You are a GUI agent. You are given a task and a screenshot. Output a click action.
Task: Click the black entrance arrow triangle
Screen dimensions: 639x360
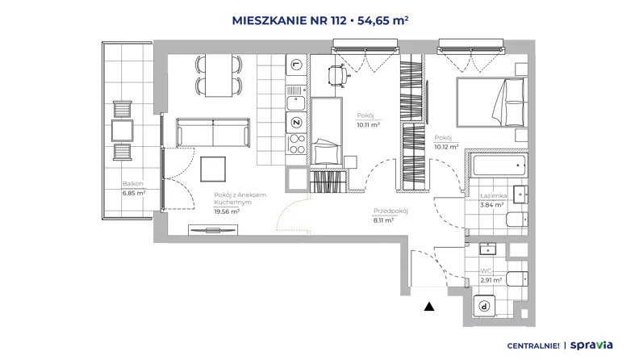(428, 307)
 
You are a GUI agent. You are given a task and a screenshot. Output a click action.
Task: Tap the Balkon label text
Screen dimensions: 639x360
(133, 184)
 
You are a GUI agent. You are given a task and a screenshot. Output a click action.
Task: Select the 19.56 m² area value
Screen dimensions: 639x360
(227, 211)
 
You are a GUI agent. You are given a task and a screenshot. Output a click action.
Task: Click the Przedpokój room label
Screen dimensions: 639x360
(390, 211)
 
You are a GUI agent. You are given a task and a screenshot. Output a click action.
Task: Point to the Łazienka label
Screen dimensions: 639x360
(493, 195)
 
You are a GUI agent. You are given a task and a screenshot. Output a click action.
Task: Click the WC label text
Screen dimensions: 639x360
(486, 270)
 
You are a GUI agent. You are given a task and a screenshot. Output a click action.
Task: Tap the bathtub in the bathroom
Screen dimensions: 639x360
(499, 165)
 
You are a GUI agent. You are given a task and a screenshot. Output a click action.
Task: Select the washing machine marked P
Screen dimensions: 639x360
(484, 306)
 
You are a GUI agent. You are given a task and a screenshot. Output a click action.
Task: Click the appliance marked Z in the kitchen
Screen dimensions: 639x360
(296, 123)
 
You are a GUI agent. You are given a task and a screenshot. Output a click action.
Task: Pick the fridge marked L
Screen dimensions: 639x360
(296, 65)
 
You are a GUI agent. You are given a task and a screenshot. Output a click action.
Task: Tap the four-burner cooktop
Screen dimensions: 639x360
(296, 144)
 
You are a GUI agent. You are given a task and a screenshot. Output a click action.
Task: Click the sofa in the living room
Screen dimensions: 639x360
(213, 132)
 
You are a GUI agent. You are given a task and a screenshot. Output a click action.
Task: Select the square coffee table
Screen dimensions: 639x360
(213, 170)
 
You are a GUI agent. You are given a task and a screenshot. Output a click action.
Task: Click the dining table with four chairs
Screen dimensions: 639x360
(219, 75)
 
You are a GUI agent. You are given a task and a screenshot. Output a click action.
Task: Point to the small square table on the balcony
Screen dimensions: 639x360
(123, 131)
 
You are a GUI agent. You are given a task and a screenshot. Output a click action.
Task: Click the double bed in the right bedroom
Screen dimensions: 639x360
(492, 103)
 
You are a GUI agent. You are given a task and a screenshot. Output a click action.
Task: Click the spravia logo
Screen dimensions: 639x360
(591, 345)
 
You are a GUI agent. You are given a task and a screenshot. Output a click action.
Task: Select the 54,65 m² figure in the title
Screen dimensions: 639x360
(382, 20)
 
